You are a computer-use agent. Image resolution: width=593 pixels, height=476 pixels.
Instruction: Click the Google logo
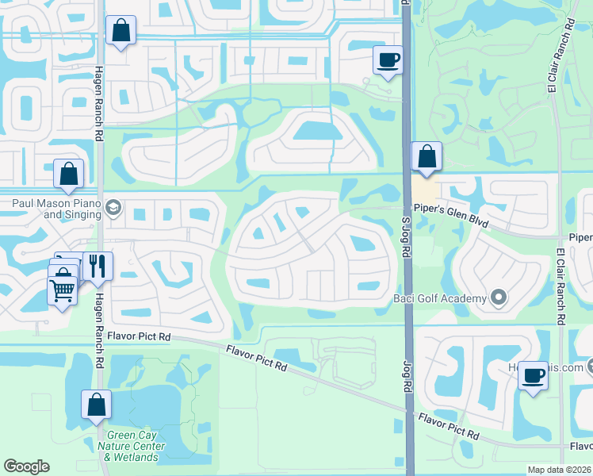(26, 466)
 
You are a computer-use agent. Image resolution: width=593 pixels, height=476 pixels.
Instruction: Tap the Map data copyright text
(559, 470)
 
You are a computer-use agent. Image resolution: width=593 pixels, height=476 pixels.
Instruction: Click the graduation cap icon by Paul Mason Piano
(113, 207)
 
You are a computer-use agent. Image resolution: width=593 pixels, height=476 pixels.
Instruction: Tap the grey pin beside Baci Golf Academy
(498, 298)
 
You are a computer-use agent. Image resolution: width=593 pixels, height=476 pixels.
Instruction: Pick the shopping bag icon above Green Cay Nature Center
(96, 405)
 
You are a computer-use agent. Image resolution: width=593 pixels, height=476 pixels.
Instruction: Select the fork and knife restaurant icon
(98, 266)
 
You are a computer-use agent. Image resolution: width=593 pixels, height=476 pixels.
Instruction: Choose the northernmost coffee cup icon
(388, 60)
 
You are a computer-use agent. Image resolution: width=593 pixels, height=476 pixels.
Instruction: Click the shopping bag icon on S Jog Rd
(427, 157)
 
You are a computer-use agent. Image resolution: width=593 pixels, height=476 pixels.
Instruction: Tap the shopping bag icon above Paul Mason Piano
(69, 174)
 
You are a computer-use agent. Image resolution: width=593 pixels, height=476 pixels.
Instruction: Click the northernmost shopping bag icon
(121, 31)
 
